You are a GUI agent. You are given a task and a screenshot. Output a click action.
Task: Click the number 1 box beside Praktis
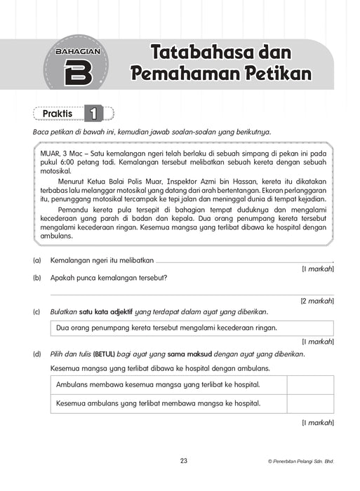pyautogui.click(x=93, y=113)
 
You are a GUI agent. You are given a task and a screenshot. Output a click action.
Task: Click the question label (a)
pyautogui.click(x=36, y=260)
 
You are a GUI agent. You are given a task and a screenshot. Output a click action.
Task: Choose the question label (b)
pyautogui.click(x=36, y=277)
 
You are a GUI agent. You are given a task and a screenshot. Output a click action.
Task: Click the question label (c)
pyautogui.click(x=36, y=311)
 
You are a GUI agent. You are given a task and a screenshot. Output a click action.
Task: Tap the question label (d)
pyautogui.click(x=36, y=354)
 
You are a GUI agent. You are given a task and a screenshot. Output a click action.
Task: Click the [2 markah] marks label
pyautogui.click(x=317, y=301)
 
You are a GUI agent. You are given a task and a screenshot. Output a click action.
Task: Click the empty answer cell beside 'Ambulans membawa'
pyautogui.click(x=309, y=384)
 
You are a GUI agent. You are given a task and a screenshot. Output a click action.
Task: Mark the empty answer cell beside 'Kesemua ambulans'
pyautogui.click(x=309, y=403)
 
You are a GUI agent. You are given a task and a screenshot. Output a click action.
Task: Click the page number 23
pyautogui.click(x=184, y=461)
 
